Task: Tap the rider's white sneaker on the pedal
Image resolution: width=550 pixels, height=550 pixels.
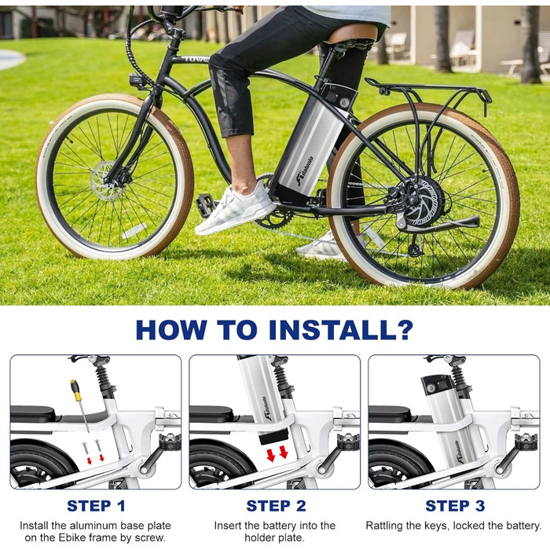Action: (x=236, y=208)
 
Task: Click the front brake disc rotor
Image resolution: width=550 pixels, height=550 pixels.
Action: (x=105, y=181)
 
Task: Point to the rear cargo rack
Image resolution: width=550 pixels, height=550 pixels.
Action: (x=428, y=92)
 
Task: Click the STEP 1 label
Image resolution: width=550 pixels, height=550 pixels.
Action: (x=96, y=506)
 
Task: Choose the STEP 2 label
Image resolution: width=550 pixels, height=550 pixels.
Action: (x=276, y=506)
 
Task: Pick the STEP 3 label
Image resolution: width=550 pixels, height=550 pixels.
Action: (x=455, y=506)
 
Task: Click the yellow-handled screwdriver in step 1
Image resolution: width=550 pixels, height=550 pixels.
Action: (x=79, y=405)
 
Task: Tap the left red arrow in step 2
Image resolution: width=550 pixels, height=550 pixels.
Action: (x=271, y=455)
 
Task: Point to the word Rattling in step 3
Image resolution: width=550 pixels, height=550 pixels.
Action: (x=384, y=526)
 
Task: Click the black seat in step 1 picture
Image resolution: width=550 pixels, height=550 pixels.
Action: (x=32, y=414)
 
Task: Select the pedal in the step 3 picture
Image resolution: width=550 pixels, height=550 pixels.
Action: (x=526, y=442)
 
